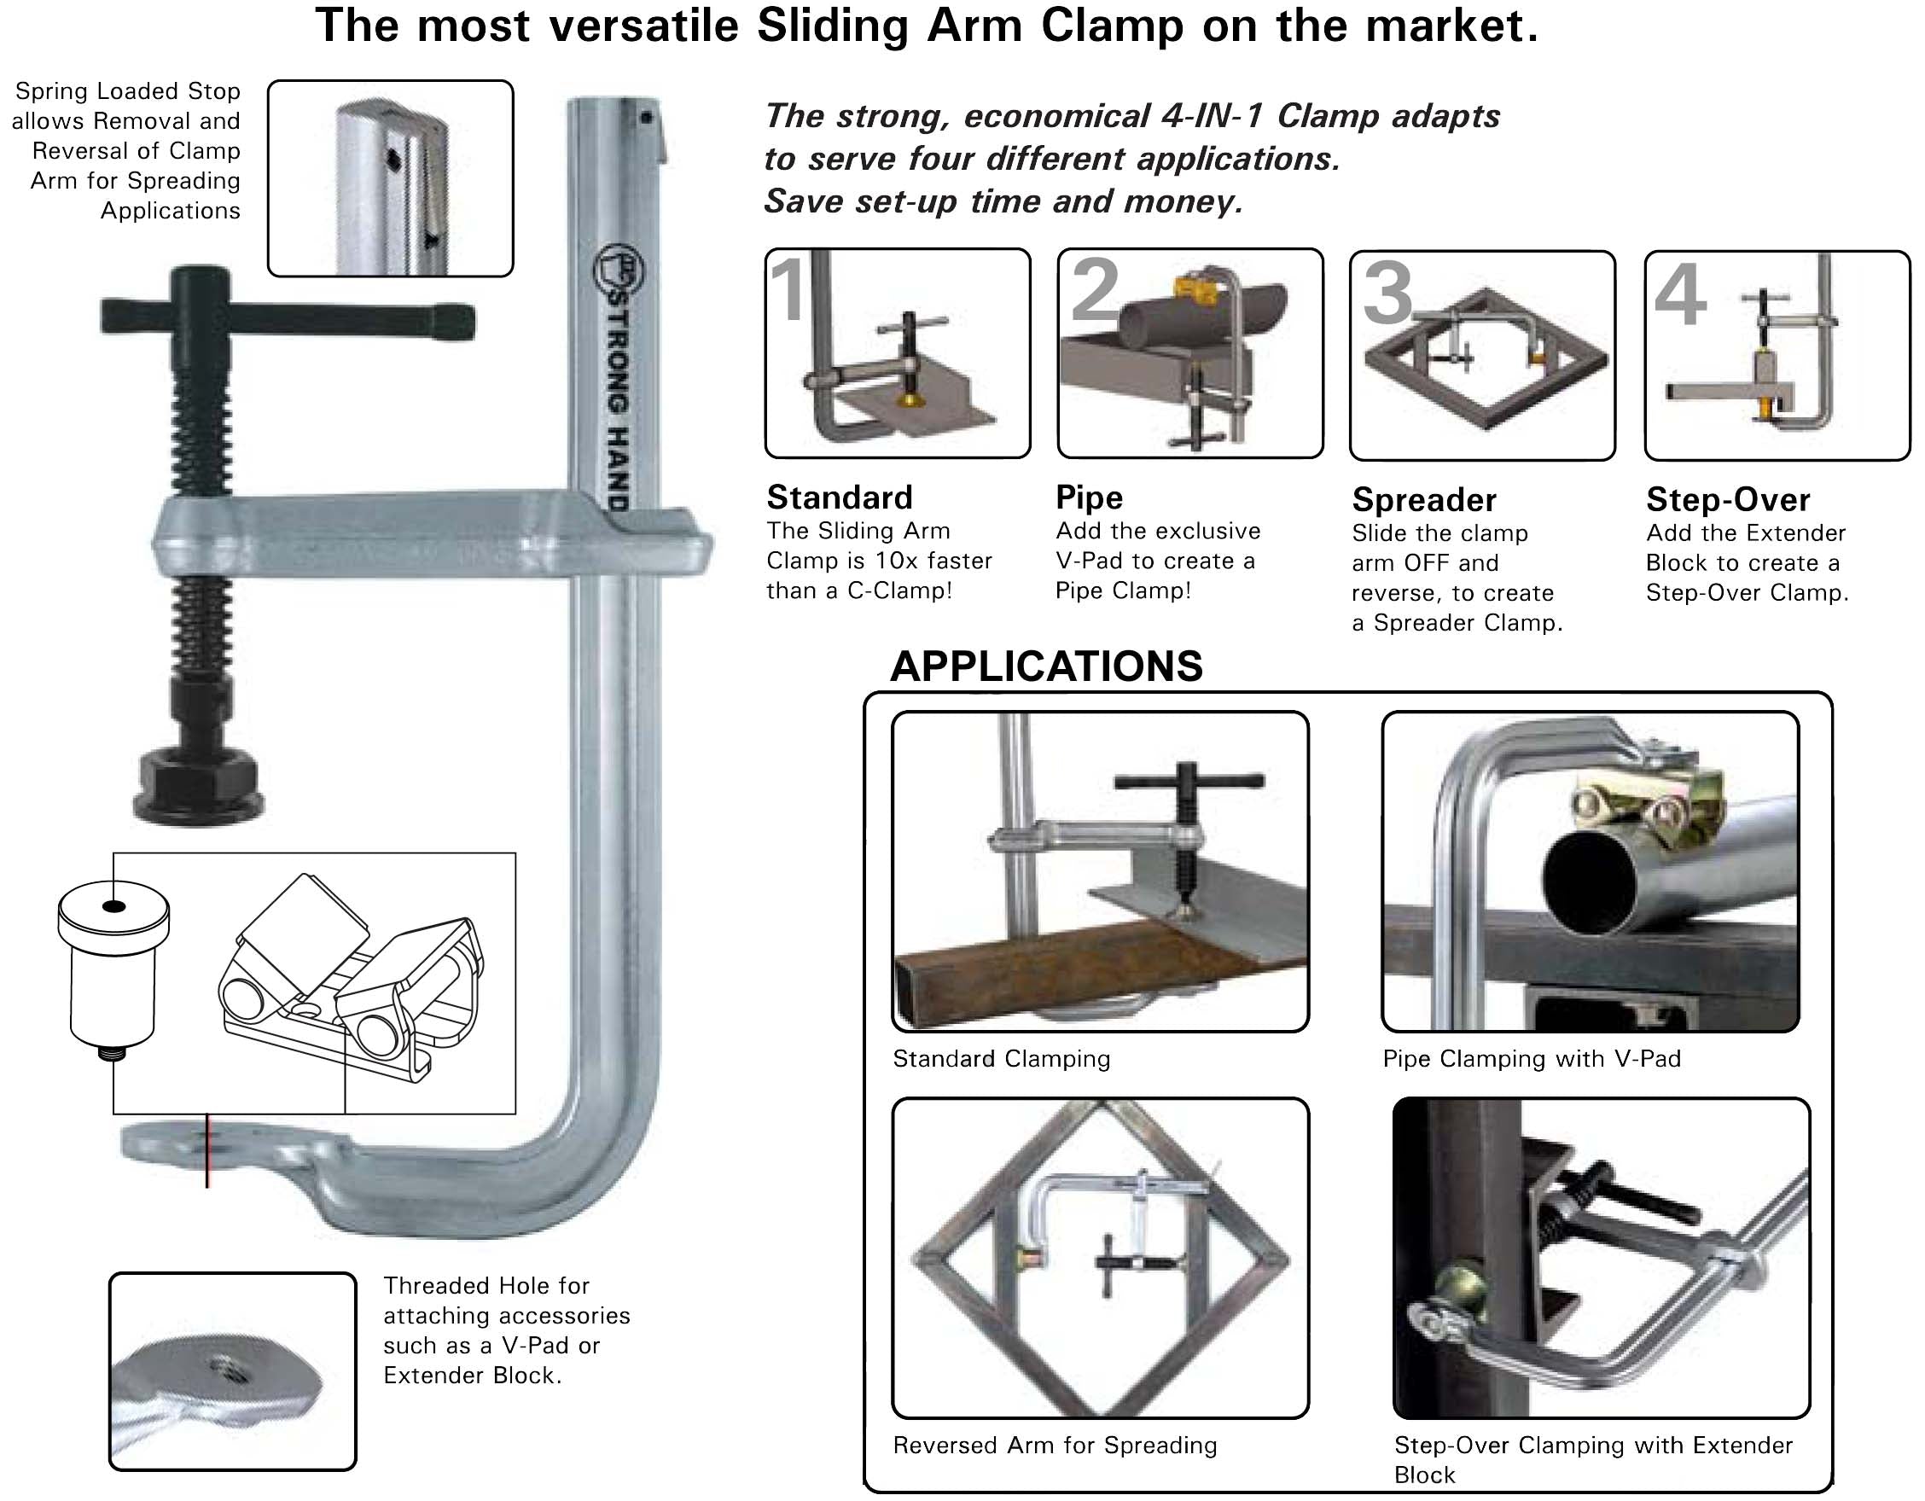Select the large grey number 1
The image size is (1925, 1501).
[x=787, y=291]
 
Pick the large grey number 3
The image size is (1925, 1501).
[x=1387, y=295]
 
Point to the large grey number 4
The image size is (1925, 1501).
[x=1680, y=296]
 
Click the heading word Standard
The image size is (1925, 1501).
[x=839, y=498]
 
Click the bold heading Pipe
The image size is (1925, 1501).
[x=1089, y=498]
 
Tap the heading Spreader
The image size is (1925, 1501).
[x=1423, y=501]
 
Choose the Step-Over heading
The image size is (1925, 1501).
[x=1728, y=500]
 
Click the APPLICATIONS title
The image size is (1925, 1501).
[x=1046, y=666]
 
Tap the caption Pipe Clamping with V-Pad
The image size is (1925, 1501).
[x=1531, y=1058]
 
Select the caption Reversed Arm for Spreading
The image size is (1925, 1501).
[x=1054, y=1446]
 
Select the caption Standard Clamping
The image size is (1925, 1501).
[x=1001, y=1058]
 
